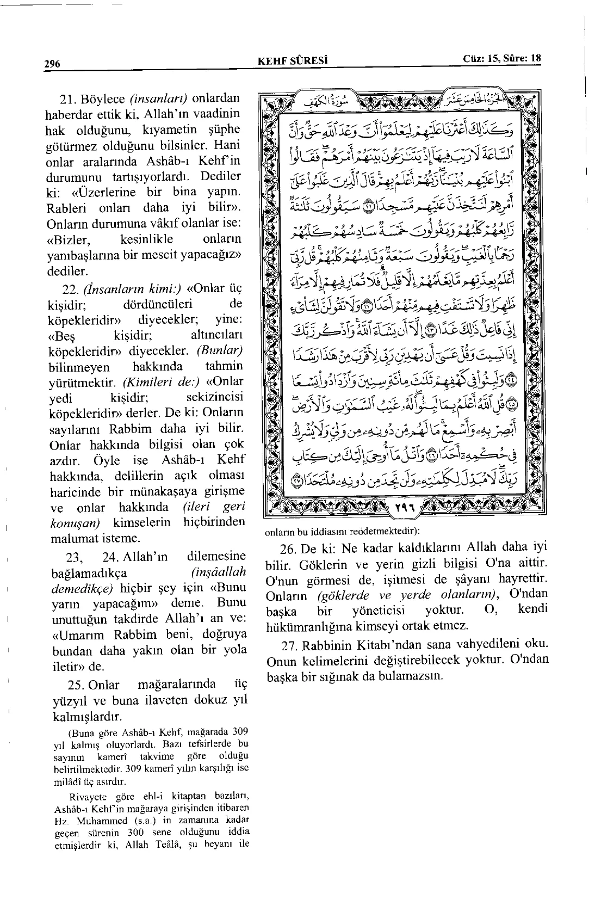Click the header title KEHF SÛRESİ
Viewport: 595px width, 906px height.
294,60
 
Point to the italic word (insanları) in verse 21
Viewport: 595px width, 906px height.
158,100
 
